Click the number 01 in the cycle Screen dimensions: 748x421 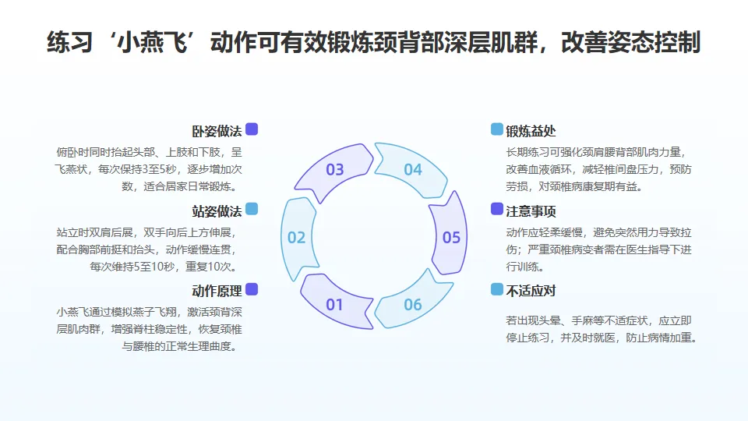pyautogui.click(x=334, y=304)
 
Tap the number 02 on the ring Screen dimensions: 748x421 pyautogui.click(x=296, y=237)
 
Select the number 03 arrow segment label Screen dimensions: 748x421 pyautogui.click(x=334, y=169)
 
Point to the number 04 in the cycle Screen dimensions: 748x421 pyautogui.click(x=412, y=169)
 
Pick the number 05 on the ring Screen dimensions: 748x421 pyautogui.click(x=451, y=237)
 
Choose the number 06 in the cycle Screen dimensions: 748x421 pyautogui.click(x=412, y=304)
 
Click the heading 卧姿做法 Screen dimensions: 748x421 pyautogui.click(x=217, y=131)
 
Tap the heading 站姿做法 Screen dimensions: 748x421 pyautogui.click(x=217, y=211)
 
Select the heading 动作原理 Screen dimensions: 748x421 pyautogui.click(x=217, y=291)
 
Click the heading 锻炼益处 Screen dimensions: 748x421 pyautogui.click(x=531, y=131)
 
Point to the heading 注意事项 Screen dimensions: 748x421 pyautogui.click(x=531, y=211)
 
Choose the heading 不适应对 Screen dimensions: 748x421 pyautogui.click(x=531, y=291)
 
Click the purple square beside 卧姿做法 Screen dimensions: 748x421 pyautogui.click(x=252, y=129)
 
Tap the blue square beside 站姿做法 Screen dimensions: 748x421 pyautogui.click(x=252, y=209)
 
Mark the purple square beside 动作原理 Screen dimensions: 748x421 pyautogui.click(x=252, y=289)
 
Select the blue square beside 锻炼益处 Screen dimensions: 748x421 pyautogui.click(x=497, y=129)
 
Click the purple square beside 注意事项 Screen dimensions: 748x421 pyautogui.click(x=497, y=209)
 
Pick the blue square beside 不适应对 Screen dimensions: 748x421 pyautogui.click(x=497, y=289)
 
